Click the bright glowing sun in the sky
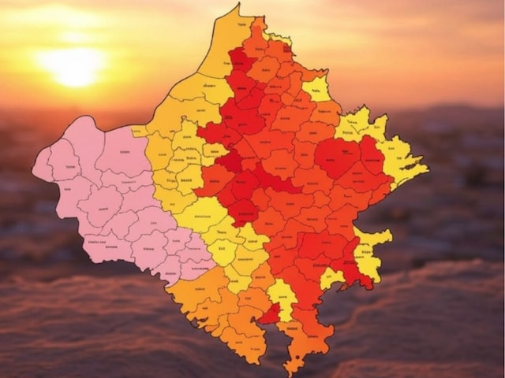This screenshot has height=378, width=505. coord(73,66)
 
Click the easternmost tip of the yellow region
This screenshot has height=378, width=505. coord(427,168)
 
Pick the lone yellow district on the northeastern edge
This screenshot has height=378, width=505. coord(316,88)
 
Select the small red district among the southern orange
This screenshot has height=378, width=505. coord(271,315)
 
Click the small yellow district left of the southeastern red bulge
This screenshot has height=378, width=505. coord(331,278)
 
